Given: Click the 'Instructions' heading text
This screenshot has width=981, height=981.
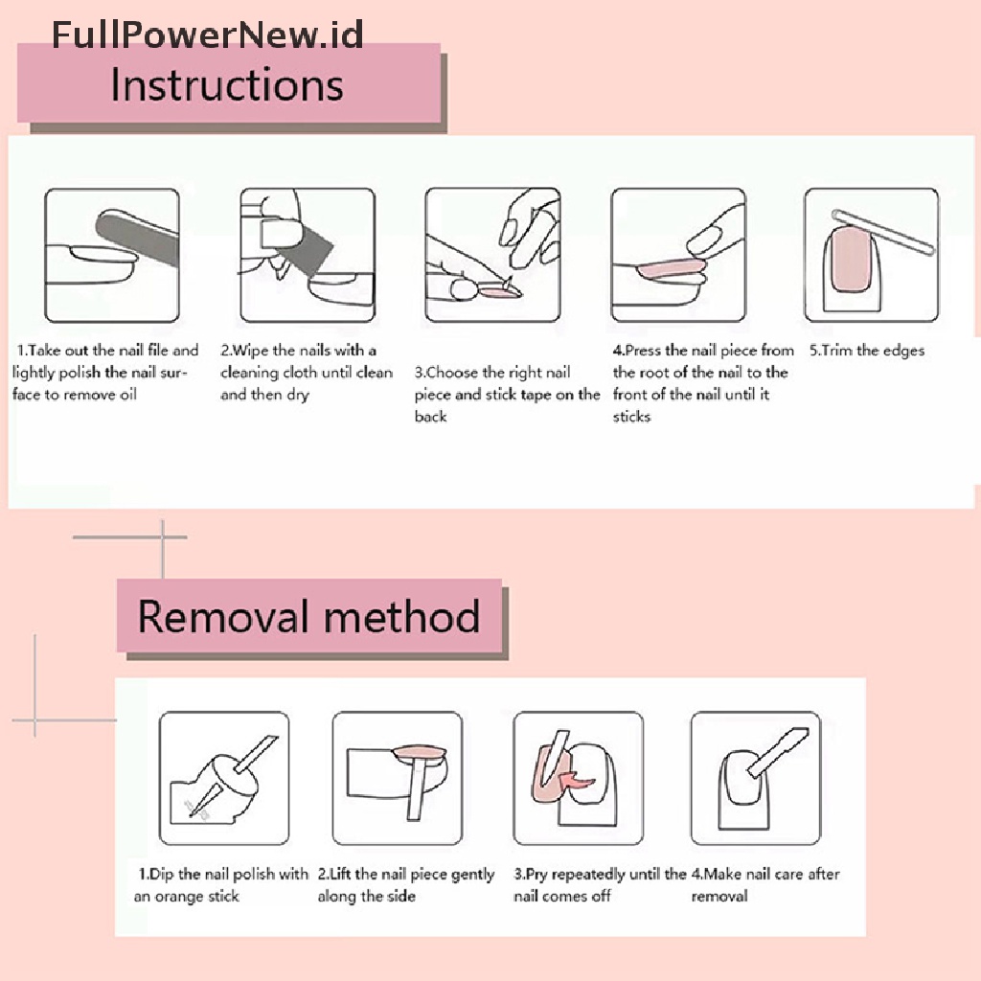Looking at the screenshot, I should coord(227,84).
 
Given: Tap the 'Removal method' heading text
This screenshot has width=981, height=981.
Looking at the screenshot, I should coord(308,616).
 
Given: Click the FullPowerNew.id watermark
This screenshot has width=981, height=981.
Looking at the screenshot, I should coord(207,35).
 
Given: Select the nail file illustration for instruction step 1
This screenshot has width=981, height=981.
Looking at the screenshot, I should coord(112,256).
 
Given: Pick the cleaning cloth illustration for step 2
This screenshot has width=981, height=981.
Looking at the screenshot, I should coord(308,256).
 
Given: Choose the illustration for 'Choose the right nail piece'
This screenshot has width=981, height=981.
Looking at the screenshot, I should coord(492,256).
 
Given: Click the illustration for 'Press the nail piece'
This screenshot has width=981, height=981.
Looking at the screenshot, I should coord(678,256).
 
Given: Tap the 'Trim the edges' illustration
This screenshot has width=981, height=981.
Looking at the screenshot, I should coord(871,256).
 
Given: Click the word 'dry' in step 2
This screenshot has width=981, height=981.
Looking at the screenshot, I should coord(298,395).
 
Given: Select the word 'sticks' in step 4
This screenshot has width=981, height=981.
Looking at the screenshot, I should coord(632,417).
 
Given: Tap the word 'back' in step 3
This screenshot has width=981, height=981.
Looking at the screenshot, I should coord(431,417).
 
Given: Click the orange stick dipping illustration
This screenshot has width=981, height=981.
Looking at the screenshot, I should coord(224,777).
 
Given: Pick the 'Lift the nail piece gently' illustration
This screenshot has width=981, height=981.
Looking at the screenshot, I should coord(398,777).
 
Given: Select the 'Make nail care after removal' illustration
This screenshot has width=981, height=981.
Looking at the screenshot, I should coord(755,777).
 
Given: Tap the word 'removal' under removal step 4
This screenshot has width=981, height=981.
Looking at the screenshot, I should coord(719,897).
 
